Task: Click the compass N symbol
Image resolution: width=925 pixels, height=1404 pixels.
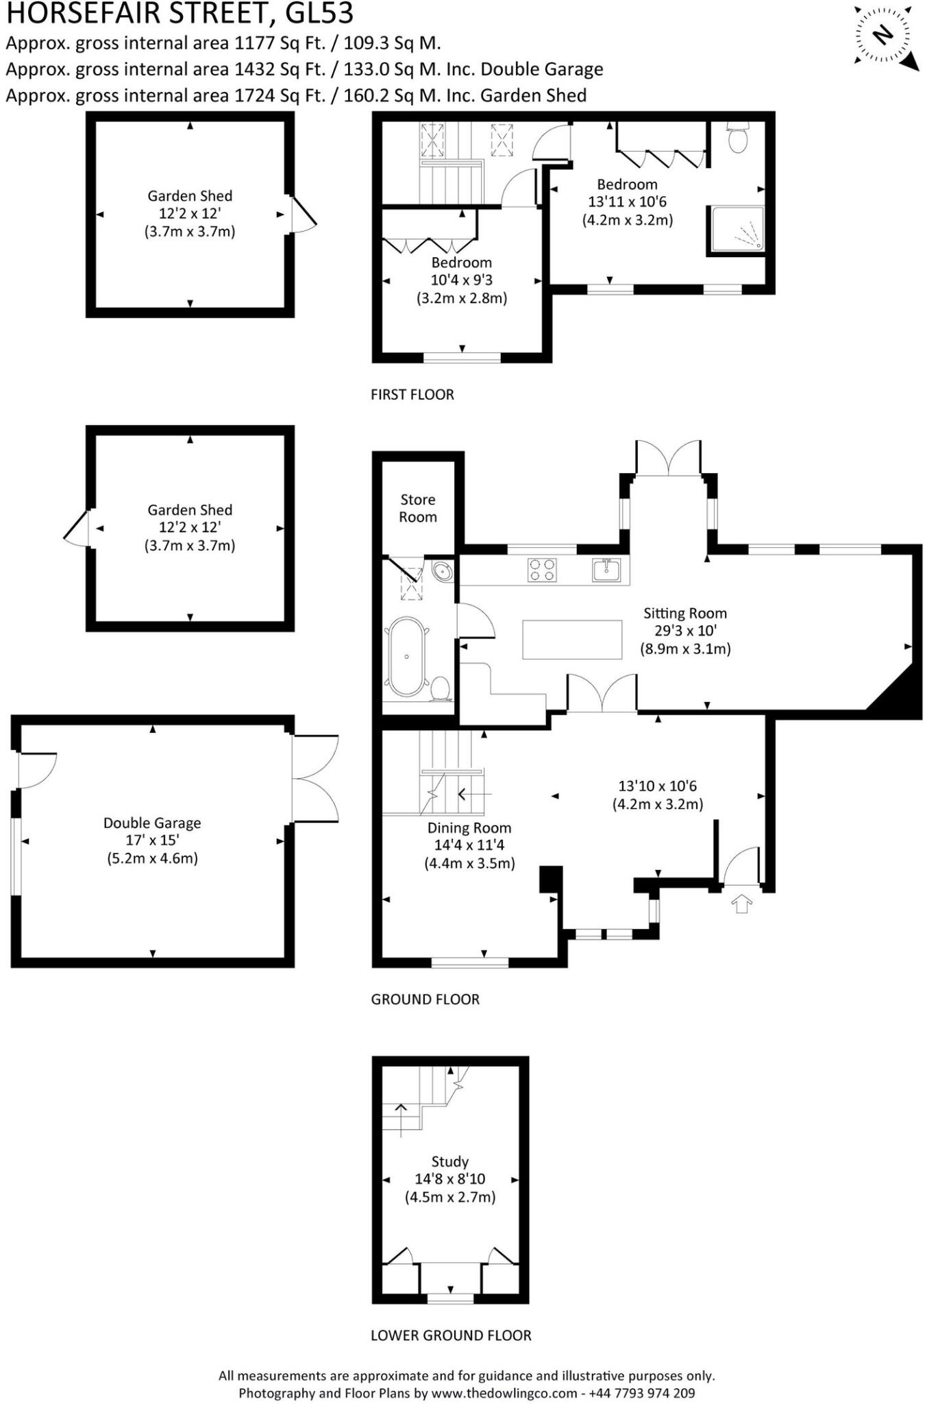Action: click(884, 34)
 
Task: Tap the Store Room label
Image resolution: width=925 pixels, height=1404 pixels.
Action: click(418, 508)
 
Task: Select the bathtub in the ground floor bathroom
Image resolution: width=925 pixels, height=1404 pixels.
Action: click(406, 657)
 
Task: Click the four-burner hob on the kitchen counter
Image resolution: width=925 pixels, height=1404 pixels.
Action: click(541, 570)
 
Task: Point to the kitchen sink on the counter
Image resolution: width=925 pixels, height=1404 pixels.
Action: click(606, 570)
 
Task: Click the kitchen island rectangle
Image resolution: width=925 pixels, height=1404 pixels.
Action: click(572, 639)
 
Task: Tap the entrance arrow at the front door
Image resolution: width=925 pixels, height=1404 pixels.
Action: click(742, 904)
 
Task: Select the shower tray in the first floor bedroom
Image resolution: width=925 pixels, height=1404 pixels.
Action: click(737, 228)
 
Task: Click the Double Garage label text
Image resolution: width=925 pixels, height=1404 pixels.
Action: click(152, 823)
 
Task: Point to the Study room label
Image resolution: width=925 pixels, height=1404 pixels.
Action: click(450, 1161)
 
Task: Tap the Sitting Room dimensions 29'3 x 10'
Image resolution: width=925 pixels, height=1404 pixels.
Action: click(685, 631)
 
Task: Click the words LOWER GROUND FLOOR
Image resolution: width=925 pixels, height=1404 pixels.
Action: click(451, 1335)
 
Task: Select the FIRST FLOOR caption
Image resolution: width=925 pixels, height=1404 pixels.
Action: click(412, 394)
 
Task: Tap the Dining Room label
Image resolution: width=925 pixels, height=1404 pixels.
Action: click(469, 827)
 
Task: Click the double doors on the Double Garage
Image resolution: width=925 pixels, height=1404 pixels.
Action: click(315, 778)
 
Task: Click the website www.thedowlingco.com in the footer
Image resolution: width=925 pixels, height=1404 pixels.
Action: click(504, 1393)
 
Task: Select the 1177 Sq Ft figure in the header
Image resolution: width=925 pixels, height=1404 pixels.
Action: click(280, 43)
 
